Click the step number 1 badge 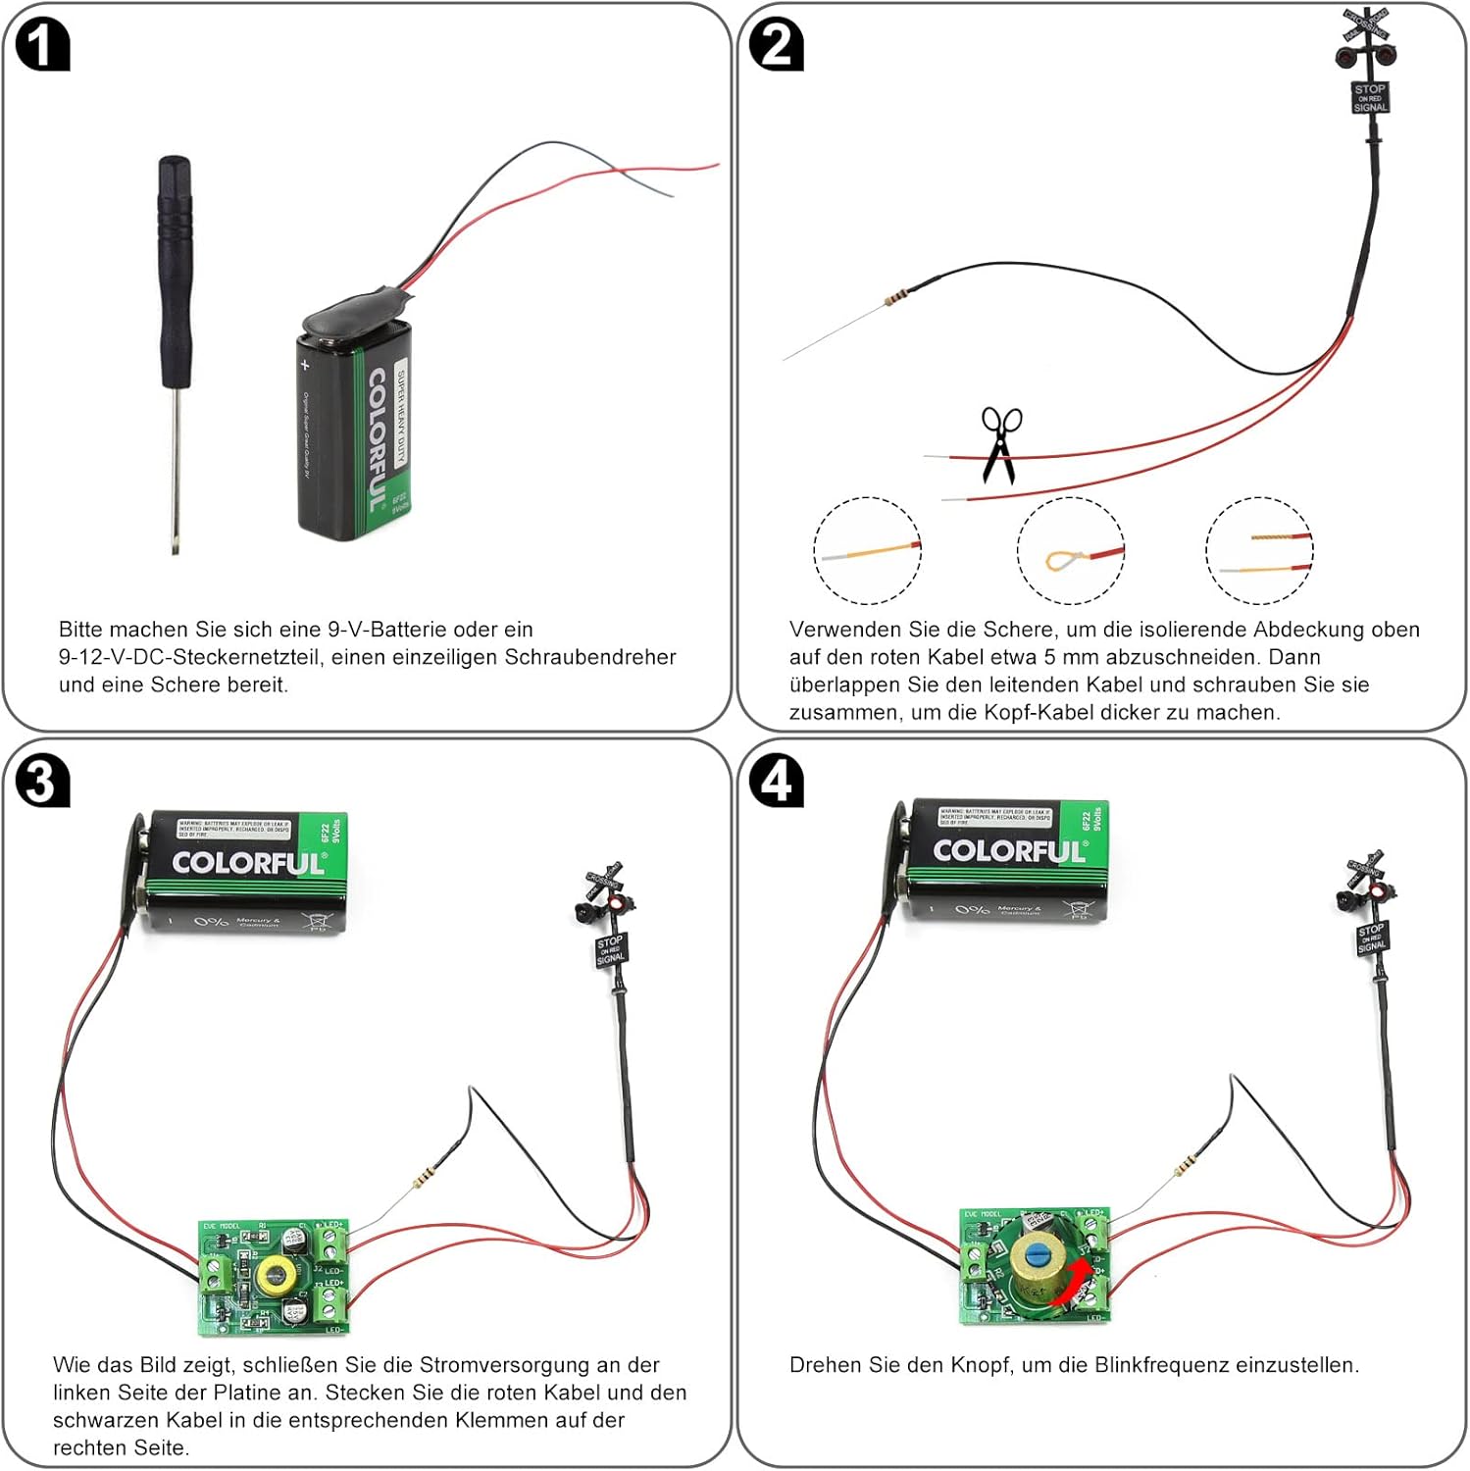tap(43, 45)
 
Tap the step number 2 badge tap(776, 45)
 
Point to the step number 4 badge tap(776, 782)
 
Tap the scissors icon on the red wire tap(1000, 444)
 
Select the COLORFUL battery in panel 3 tap(245, 872)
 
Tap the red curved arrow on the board tap(1070, 1285)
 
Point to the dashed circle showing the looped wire tap(1070, 550)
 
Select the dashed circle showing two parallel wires tap(1259, 550)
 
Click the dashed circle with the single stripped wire tap(867, 550)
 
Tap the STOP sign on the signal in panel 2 tap(1369, 97)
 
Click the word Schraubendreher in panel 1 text tap(591, 656)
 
